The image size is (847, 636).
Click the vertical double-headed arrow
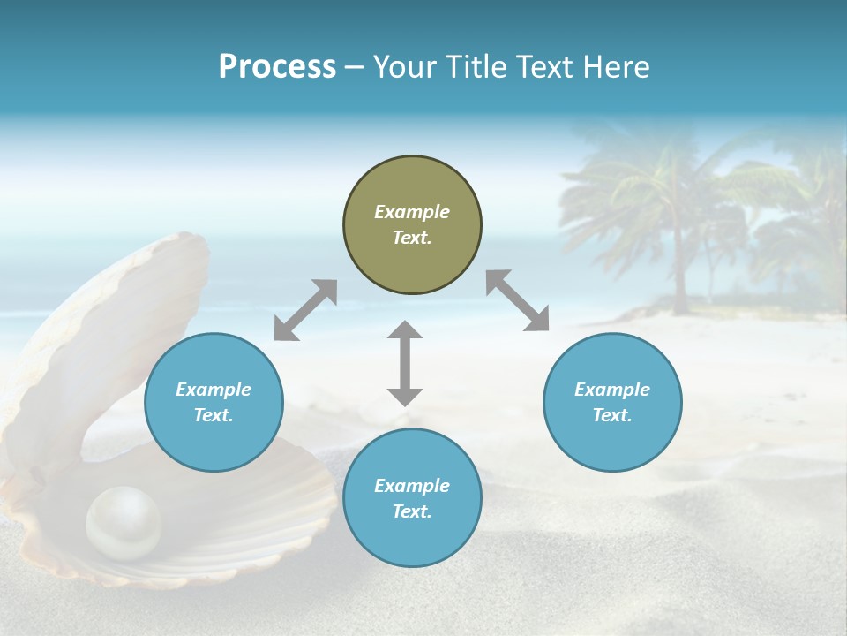[405, 363]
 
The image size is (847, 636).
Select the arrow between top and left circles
[305, 310]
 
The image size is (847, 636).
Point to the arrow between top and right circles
[517, 300]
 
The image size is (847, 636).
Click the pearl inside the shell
[124, 523]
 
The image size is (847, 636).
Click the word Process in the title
[277, 66]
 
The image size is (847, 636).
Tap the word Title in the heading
[475, 66]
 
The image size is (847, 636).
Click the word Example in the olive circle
[412, 212]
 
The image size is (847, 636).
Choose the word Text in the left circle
[214, 415]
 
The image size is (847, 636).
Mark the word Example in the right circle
[612, 390]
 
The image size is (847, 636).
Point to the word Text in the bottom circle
[412, 511]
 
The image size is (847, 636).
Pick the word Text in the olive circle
[412, 238]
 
